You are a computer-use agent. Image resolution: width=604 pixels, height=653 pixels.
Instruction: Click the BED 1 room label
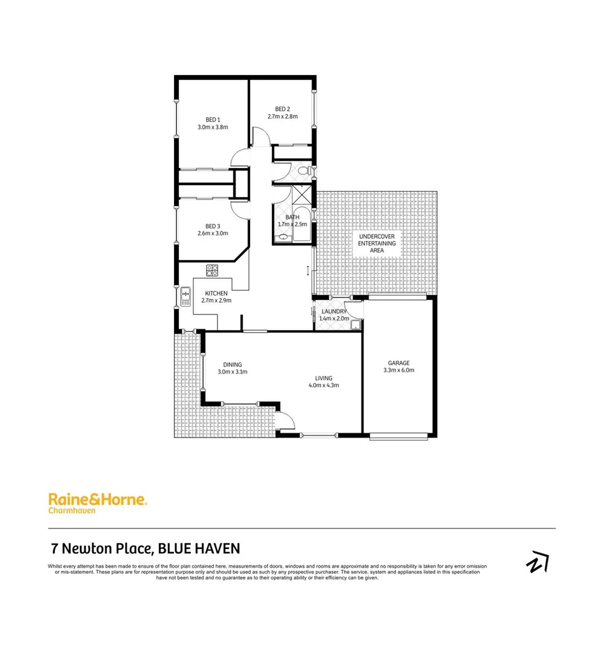pos(213,119)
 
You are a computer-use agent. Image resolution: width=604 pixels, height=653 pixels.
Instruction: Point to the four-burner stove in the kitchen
pos(212,270)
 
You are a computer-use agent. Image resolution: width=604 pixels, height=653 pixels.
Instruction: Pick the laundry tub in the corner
pos(355,325)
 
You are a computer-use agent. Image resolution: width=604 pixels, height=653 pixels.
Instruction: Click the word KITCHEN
pos(216,293)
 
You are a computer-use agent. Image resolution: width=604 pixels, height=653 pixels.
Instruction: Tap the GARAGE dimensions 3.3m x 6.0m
pos(399,370)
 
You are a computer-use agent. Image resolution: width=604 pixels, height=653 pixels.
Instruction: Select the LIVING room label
pos(324,378)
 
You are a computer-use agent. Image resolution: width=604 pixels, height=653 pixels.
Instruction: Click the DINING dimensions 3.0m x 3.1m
pos(233,372)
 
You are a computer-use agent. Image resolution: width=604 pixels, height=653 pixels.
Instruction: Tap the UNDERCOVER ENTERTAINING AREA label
pos(377,243)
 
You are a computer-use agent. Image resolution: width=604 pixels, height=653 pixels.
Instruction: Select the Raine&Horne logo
pos(97,499)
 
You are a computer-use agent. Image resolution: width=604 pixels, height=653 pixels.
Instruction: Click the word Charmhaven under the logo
pos(71,510)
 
